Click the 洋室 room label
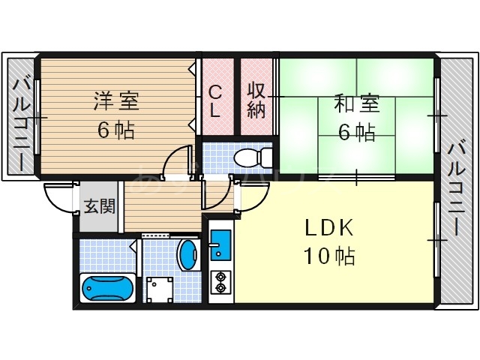point(115,99)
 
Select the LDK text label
point(328,227)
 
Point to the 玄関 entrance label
point(98,206)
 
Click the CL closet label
point(214,101)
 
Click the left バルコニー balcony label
point(20,124)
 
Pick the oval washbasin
point(187,254)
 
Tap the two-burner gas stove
point(221,282)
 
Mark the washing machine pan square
point(159,289)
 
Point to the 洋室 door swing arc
point(177,161)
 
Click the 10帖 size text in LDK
point(329,256)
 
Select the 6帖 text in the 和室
point(356,132)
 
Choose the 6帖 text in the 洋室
point(115,130)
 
